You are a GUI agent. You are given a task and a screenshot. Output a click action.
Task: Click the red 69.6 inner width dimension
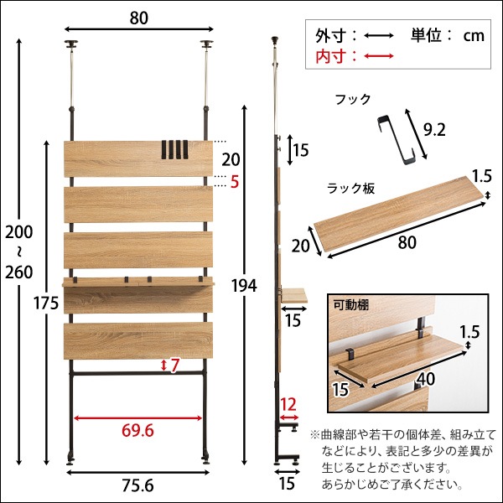point(137,431)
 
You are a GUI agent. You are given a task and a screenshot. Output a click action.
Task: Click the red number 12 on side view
point(288,404)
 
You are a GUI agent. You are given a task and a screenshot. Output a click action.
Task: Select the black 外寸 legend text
point(331,35)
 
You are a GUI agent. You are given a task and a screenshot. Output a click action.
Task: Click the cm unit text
point(474,35)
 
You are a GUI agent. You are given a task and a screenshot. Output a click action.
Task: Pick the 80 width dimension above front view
point(137,15)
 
